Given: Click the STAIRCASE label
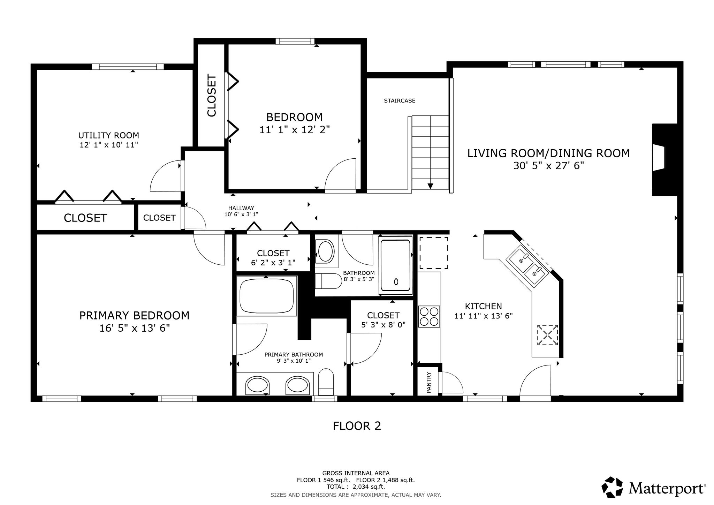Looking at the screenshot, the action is click(x=400, y=101).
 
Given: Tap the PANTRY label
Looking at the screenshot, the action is click(x=429, y=382).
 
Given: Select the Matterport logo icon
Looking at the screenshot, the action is click(x=612, y=487).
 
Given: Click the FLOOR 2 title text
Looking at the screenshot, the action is click(x=357, y=426).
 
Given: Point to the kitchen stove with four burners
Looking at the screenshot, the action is click(x=429, y=317).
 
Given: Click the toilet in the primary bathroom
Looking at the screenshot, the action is click(x=326, y=382).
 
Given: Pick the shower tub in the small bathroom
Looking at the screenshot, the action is click(x=396, y=265).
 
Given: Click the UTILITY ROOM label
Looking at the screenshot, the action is click(x=109, y=135).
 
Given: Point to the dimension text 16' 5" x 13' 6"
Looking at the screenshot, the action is click(x=135, y=329).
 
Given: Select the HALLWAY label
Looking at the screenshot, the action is click(x=241, y=208).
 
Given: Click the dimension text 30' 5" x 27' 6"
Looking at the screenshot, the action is click(x=549, y=166).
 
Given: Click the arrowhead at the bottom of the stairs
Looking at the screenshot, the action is click(x=430, y=186).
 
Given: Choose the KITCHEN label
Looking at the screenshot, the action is click(x=484, y=307).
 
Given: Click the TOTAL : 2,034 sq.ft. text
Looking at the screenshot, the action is click(x=356, y=487).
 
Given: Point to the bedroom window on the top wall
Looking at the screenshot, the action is click(x=295, y=41).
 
